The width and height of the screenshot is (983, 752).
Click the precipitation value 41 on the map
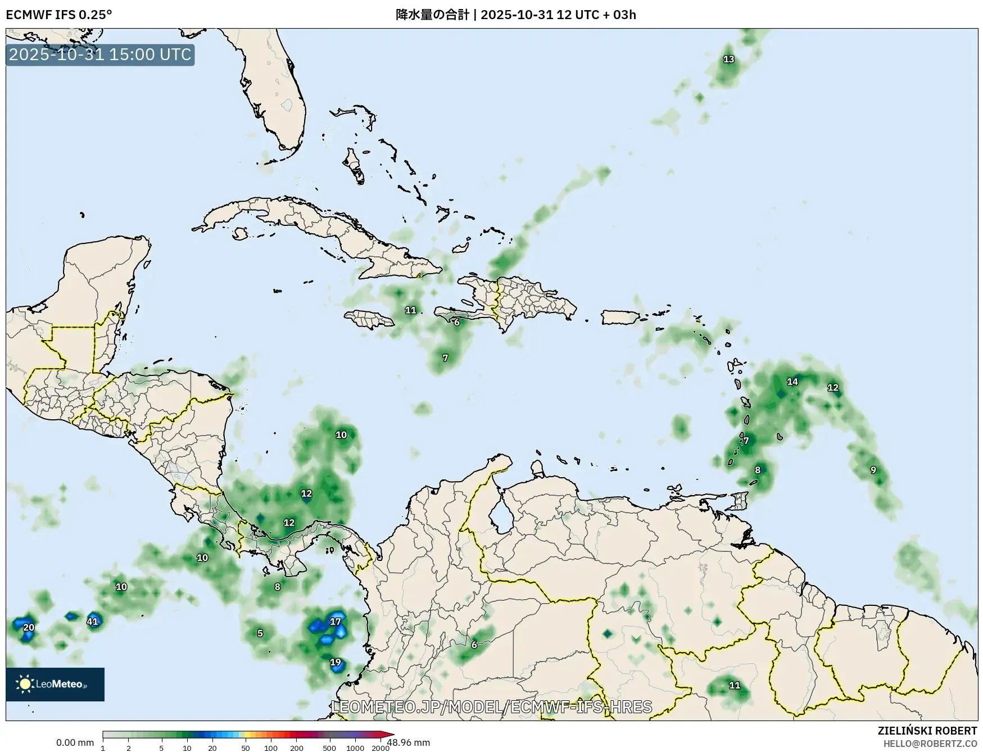tap(93, 622)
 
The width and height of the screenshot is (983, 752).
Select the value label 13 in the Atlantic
tap(728, 59)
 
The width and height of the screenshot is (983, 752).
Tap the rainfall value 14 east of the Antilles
tap(792, 382)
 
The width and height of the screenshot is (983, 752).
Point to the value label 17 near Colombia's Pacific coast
tap(336, 622)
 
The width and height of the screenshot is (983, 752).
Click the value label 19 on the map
tap(336, 662)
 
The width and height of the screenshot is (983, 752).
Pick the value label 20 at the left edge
tap(29, 628)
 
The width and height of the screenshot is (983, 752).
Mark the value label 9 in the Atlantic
tap(873, 470)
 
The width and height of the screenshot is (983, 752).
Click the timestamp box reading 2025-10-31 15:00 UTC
tap(100, 55)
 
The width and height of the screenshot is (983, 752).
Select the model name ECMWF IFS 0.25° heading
tap(59, 15)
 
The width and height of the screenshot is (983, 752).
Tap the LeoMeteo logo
tap(55, 684)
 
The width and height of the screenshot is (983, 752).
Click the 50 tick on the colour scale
tap(246, 748)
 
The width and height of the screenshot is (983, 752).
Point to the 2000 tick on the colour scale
tap(380, 748)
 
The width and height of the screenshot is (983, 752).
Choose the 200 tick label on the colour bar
tap(297, 748)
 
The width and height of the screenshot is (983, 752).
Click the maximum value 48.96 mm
tap(409, 742)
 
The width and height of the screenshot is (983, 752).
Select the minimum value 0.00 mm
tap(75, 742)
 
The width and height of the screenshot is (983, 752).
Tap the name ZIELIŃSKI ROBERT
tap(927, 731)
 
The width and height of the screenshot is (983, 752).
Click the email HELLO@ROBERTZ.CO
tap(930, 744)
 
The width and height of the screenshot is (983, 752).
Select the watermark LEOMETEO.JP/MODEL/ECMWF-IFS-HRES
tap(492, 706)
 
